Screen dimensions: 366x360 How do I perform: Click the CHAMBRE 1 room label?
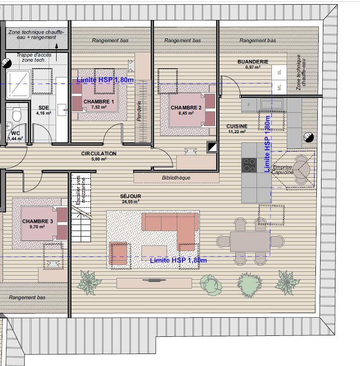coord(98,102)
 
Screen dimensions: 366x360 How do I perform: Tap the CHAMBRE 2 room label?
coord(186,108)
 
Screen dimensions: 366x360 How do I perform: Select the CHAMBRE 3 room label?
coord(38,221)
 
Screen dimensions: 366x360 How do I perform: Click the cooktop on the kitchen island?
coord(249,165)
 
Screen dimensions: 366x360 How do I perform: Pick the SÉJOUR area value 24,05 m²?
coord(130,202)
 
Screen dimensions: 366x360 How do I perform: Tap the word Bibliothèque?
coord(176,178)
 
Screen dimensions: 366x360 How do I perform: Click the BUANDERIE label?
coord(253,62)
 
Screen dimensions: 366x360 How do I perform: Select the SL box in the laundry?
coord(279,72)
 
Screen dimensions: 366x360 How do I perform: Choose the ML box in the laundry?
coord(279,87)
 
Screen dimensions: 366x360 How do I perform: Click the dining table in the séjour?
coord(250,241)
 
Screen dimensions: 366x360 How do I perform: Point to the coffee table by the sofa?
coord(154,251)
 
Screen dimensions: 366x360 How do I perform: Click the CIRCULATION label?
coord(99,154)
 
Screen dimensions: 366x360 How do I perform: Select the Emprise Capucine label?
coord(283,170)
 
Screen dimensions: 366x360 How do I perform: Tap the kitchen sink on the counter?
coord(267,105)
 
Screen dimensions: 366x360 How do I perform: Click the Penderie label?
coord(139,112)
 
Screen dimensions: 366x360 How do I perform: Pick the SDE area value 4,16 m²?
coord(44,113)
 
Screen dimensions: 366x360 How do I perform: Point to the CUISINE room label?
coord(237,126)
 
